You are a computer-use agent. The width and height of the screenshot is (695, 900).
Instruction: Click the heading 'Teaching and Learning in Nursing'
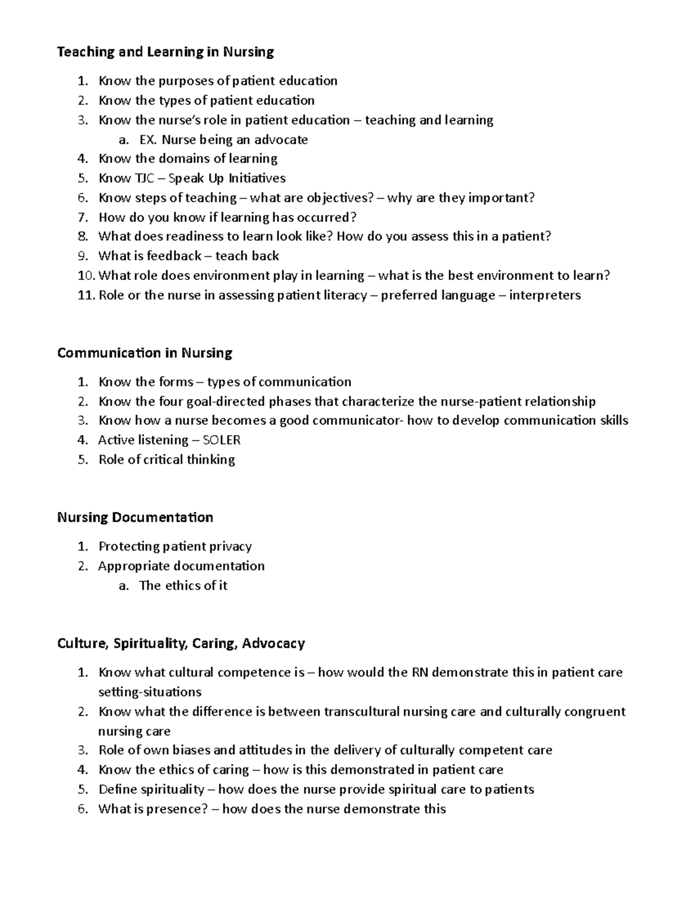tap(165, 52)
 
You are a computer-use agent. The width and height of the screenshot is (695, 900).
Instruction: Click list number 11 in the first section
tap(85, 295)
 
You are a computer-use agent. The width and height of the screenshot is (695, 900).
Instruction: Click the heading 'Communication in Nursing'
tap(144, 353)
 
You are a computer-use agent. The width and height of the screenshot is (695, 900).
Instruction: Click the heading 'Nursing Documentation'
tap(135, 517)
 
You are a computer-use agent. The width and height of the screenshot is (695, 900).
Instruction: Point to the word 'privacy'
tap(232, 546)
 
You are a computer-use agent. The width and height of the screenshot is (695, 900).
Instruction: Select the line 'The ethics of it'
tap(183, 585)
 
